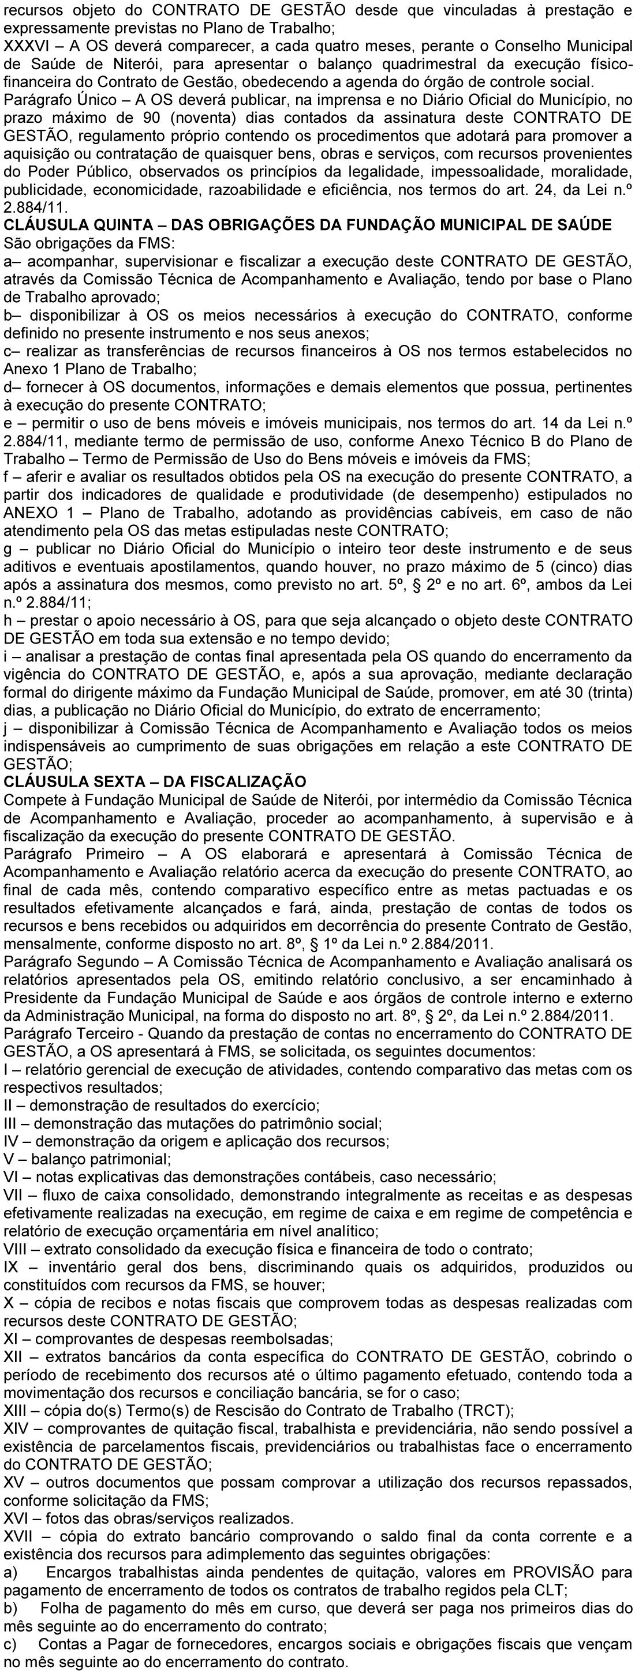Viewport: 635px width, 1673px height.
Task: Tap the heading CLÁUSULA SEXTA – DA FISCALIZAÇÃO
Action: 155,781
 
